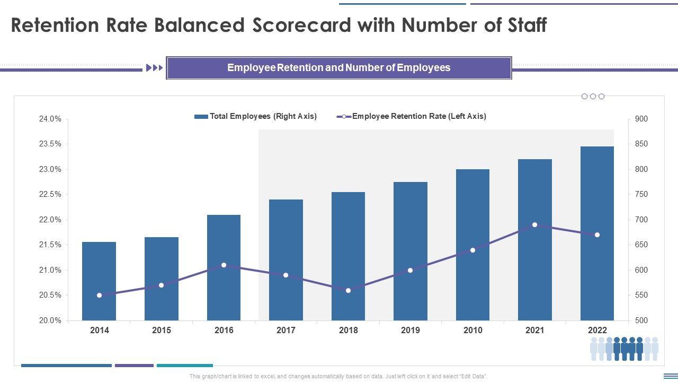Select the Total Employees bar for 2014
(x=99, y=281)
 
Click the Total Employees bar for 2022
(x=597, y=233)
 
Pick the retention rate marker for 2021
(x=534, y=225)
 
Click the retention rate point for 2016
(x=224, y=265)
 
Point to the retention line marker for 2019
(x=410, y=270)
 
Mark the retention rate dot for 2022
(x=597, y=235)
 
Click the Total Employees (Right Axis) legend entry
(x=255, y=116)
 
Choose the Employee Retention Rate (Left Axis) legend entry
(x=412, y=116)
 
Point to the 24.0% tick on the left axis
(x=50, y=119)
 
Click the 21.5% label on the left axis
(x=50, y=245)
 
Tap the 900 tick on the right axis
(x=641, y=119)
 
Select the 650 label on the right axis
(x=641, y=245)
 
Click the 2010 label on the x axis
(x=472, y=330)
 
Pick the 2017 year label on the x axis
(x=286, y=330)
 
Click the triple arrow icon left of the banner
(x=154, y=68)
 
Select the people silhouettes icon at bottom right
(x=624, y=348)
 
